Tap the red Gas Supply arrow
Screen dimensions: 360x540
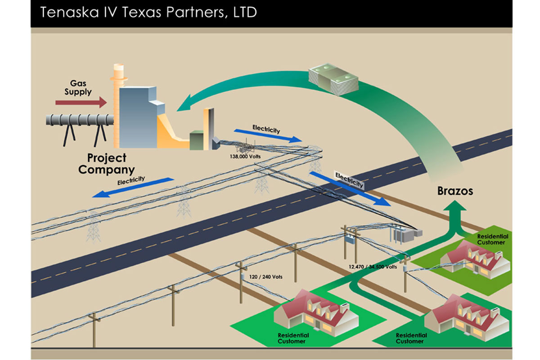pyautogui.click(x=81, y=103)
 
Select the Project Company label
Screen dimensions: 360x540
pyautogui.click(x=107, y=164)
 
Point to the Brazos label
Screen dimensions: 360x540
pyautogui.click(x=455, y=191)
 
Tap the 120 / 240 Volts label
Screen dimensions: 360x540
pyautogui.click(x=267, y=277)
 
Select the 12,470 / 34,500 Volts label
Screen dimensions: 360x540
pyautogui.click(x=373, y=267)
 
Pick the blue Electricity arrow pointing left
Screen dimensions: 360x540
pyautogui.click(x=132, y=187)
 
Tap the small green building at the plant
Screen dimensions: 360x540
pyautogui.click(x=197, y=139)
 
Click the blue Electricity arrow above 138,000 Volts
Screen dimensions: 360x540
pyautogui.click(x=268, y=134)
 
